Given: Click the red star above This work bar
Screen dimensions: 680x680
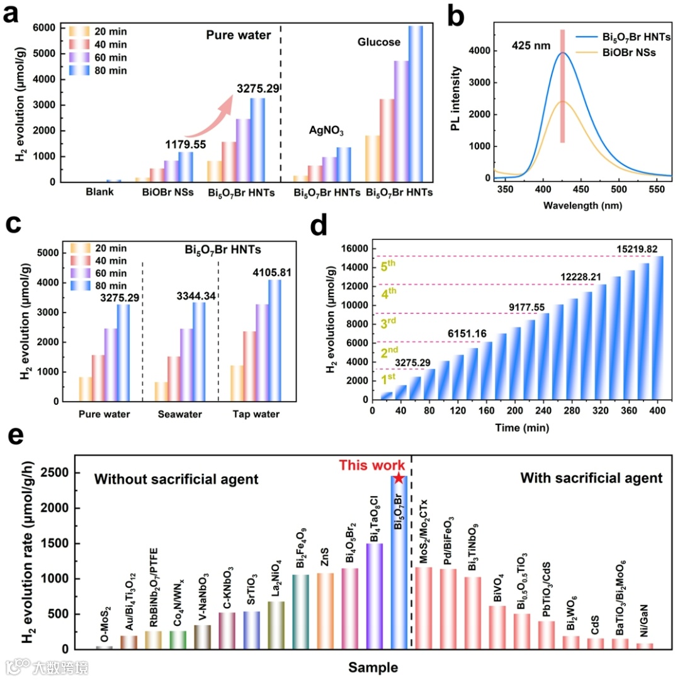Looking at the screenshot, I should tap(398, 480).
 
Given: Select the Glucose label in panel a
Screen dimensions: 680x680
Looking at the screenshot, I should tap(379, 42).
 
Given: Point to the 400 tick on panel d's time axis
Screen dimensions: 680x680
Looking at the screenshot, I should tap(657, 411).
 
